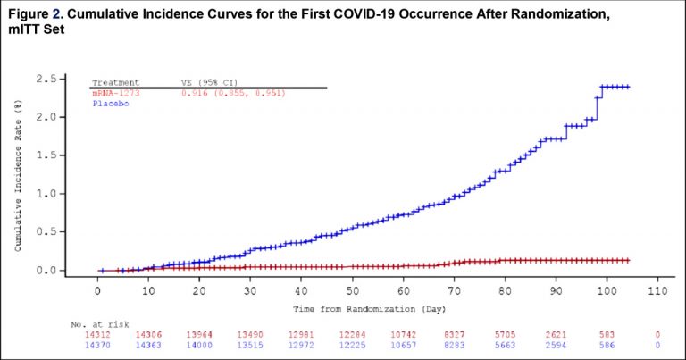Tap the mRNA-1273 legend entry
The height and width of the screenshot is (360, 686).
click(x=115, y=92)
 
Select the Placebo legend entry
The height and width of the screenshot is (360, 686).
click(x=108, y=103)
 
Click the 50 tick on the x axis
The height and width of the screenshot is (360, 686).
click(x=353, y=291)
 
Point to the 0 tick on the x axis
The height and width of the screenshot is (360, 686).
click(x=97, y=291)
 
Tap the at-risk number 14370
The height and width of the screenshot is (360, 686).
click(x=97, y=343)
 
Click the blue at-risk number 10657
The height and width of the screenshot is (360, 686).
click(x=404, y=343)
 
